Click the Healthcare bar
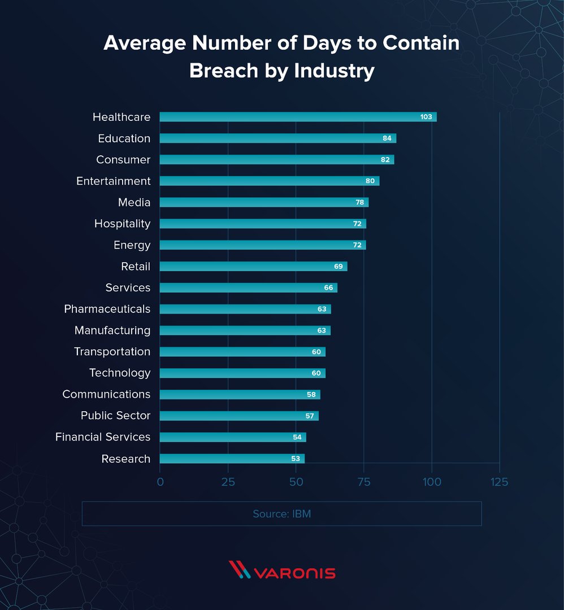click(x=298, y=117)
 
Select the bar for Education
click(x=277, y=138)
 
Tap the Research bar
click(x=232, y=459)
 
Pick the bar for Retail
click(x=253, y=267)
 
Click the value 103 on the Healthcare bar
click(x=426, y=117)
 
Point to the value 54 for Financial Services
click(x=297, y=437)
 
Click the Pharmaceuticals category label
click(x=107, y=309)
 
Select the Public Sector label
click(x=115, y=416)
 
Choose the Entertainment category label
click(x=113, y=181)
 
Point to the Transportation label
click(x=112, y=352)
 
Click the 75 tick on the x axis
click(x=364, y=482)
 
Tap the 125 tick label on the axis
click(x=500, y=482)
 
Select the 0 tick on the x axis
click(x=160, y=482)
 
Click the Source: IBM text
click(x=281, y=514)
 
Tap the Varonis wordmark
click(x=295, y=573)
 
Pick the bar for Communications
click(x=240, y=394)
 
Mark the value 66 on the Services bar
click(x=328, y=288)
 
